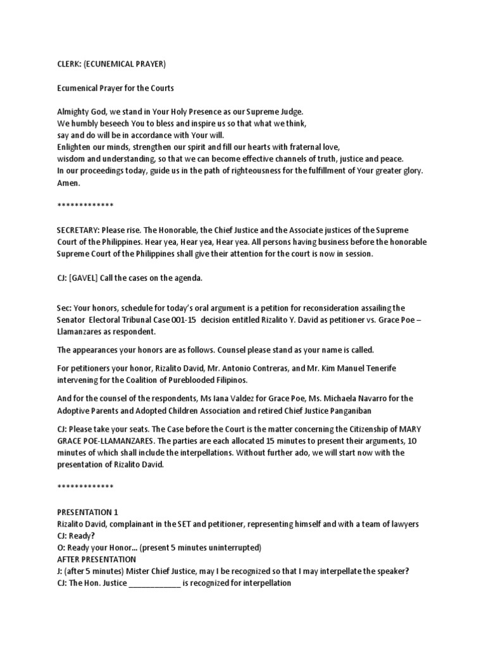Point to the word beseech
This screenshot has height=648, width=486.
click(x=121, y=123)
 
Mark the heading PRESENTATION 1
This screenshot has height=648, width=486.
click(x=87, y=512)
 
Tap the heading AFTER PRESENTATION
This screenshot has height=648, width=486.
click(x=96, y=559)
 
